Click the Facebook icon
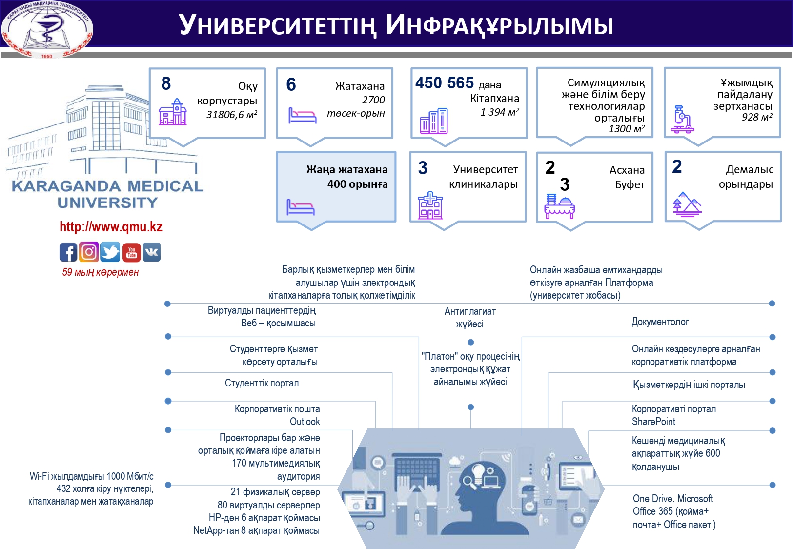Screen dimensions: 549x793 pos(68,252)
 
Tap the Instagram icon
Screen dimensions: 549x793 pos(89,252)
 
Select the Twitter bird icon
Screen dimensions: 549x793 pos(110,252)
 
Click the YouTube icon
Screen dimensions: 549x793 pos(131,252)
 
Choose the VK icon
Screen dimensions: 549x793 pos(151,252)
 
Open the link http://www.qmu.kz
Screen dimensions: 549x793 pos(111,227)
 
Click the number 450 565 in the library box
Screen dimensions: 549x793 pos(445,83)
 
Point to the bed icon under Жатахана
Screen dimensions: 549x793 pos(302,116)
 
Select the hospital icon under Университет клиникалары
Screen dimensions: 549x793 pos(430,205)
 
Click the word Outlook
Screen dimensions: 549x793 pos(305,422)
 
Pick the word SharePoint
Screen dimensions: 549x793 pos(653,422)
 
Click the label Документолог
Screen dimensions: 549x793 pos(660,322)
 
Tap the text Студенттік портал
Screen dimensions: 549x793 pos(262,383)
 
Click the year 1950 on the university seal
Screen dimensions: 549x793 pos(47,56)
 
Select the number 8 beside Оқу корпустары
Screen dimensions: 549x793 pos(166,83)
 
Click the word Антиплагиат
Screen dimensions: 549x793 pos(470,311)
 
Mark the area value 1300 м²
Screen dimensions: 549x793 pos(626,129)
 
